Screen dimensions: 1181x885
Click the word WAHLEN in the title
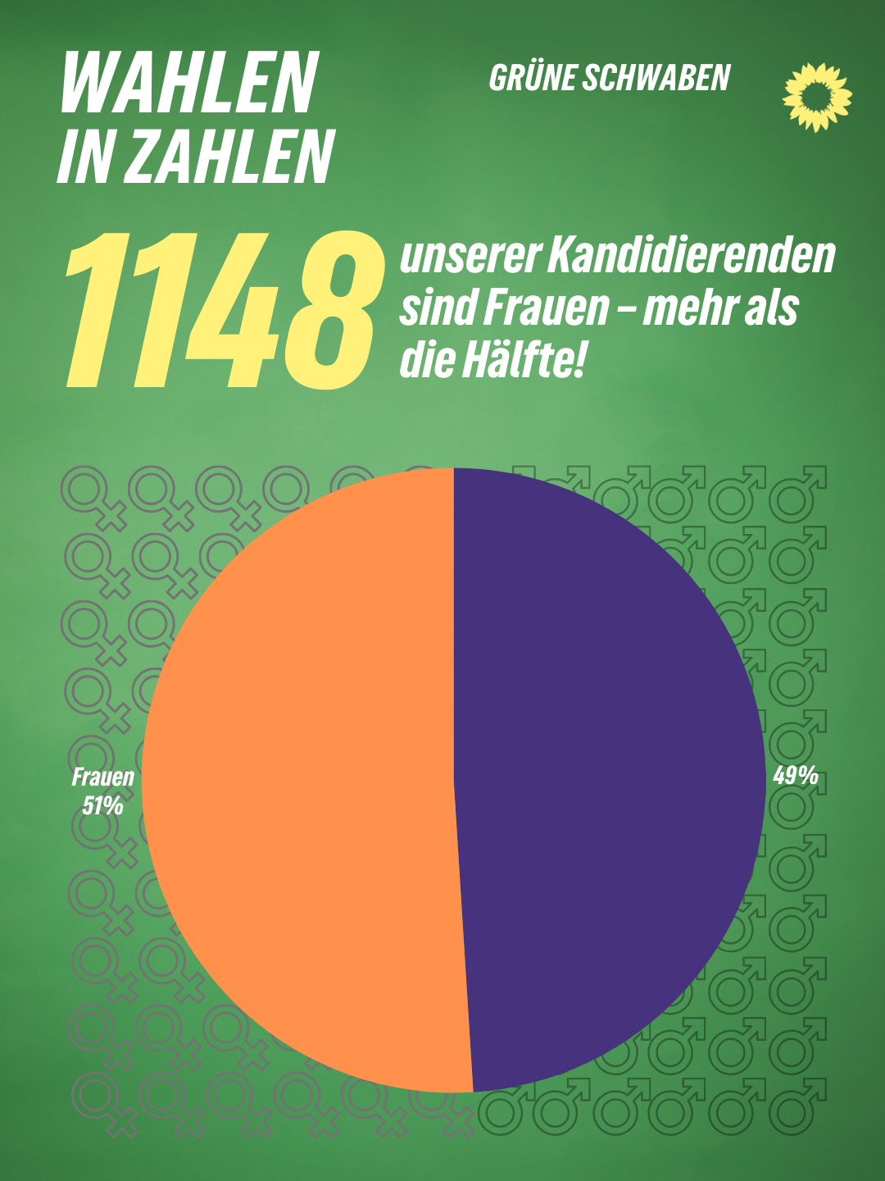[189, 83]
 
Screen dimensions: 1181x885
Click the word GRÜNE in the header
[531, 78]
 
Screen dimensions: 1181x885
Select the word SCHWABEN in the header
[656, 78]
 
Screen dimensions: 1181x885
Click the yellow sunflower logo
[817, 97]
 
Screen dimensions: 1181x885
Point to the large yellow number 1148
[223, 310]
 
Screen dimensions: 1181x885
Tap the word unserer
[468, 257]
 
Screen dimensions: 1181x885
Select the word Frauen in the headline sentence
[546, 308]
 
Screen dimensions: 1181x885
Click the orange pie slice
[303, 779]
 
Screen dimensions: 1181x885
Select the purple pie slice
[606, 779]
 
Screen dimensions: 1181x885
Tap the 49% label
[796, 775]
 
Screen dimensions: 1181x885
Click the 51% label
[102, 806]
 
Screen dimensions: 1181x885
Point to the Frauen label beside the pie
[102, 777]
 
